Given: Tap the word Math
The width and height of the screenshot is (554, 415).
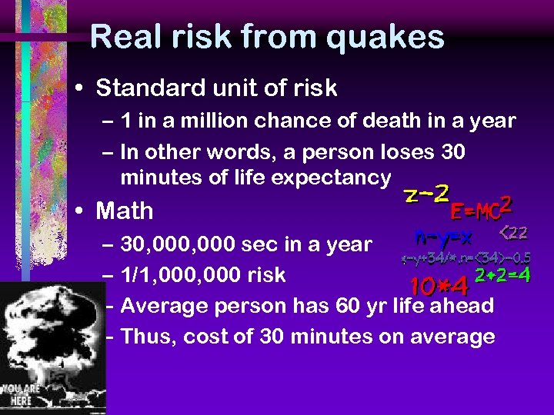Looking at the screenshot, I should (124, 211).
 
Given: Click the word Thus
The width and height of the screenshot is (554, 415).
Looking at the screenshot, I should (148, 337).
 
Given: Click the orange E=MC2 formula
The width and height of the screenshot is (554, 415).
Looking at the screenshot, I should (482, 206).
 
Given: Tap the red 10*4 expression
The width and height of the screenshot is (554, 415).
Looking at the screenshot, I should (439, 286).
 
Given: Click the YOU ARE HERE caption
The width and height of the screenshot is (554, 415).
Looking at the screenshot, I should (21, 394).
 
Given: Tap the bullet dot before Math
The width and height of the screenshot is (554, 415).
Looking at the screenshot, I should (81, 211).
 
